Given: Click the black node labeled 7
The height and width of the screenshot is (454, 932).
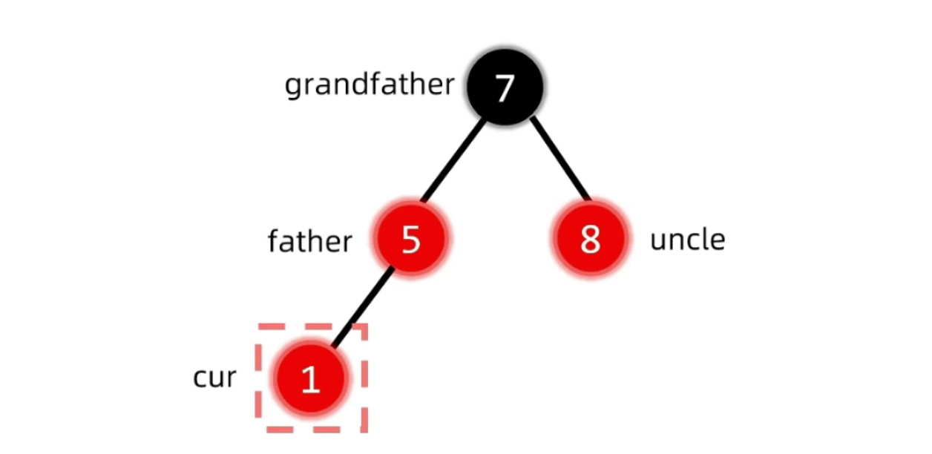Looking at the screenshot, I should (505, 87).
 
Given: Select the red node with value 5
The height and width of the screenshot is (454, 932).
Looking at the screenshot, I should (412, 240).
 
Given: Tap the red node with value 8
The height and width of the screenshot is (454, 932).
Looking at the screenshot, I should (590, 240).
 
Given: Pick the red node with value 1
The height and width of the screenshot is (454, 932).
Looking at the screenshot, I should (310, 379).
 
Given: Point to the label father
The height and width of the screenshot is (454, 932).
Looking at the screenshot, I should (309, 241).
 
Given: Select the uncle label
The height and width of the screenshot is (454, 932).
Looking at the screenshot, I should (687, 240).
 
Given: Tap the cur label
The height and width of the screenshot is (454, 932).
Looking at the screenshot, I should (214, 378).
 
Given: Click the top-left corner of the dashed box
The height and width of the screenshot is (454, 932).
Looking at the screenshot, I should (260, 327).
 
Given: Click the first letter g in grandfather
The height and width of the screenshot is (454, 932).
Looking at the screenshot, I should (293, 88).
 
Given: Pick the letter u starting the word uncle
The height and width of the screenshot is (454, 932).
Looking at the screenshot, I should (658, 241).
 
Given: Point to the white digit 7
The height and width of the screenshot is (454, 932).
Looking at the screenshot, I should (505, 88).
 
